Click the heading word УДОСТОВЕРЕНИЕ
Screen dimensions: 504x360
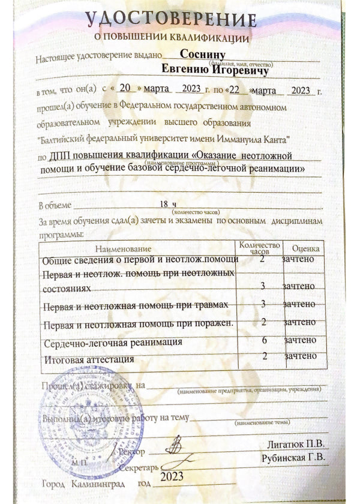[170, 20]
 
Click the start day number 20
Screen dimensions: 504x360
[125, 88]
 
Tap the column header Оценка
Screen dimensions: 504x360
[305, 248]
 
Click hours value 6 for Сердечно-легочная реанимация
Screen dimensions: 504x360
[264, 339]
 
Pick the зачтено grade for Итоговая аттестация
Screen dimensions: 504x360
[301, 356]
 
